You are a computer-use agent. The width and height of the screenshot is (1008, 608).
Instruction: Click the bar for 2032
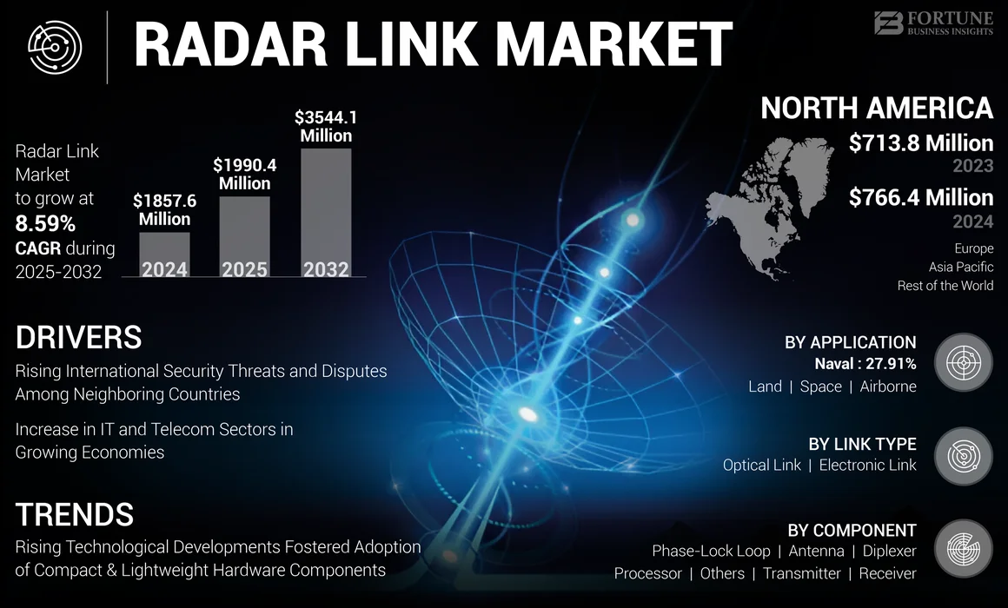[x=326, y=213]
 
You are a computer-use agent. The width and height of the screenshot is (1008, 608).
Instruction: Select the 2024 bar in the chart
[x=165, y=254]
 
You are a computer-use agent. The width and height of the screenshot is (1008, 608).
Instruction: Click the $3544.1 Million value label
[x=326, y=126]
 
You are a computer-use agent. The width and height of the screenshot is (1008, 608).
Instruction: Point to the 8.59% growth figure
[x=45, y=223]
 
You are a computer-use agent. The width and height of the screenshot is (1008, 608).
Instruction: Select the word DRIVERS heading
[x=78, y=337]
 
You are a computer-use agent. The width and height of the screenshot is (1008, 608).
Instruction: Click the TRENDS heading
[x=75, y=514]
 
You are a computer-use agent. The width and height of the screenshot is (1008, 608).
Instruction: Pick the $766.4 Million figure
[x=920, y=198]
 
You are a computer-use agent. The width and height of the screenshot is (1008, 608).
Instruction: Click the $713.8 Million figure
[x=920, y=143]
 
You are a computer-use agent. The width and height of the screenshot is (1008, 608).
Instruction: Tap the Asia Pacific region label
[x=960, y=267]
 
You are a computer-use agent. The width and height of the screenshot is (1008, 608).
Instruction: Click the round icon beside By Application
[x=963, y=361]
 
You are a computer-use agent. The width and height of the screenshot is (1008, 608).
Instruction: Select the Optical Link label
[x=761, y=465]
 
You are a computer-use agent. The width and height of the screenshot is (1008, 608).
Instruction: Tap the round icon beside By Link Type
[x=963, y=454]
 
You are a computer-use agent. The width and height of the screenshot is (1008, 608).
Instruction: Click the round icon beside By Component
[x=963, y=549]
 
